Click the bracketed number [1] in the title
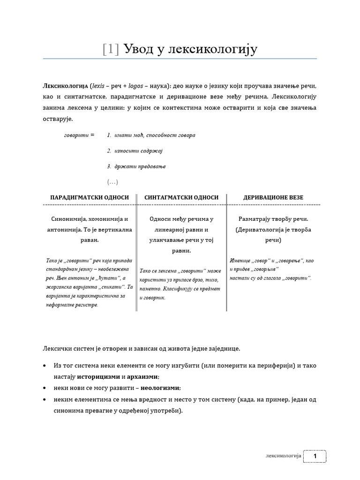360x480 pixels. [x=111, y=49]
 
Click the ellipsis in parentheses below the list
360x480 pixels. [x=112, y=182]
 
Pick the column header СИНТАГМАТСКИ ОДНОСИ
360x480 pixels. [x=181, y=198]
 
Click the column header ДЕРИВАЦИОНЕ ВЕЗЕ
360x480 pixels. [x=273, y=198]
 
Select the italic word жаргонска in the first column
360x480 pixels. [x=60, y=287]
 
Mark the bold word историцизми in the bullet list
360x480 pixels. [x=98, y=376]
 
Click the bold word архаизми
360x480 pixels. [x=142, y=376]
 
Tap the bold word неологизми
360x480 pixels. [x=160, y=388]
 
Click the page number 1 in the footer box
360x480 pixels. [x=315, y=456]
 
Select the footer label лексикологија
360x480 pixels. [x=282, y=456]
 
